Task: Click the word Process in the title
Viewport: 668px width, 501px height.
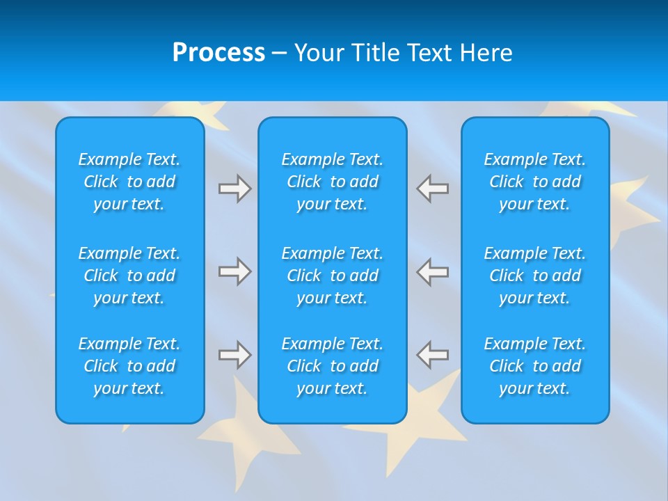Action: pyautogui.click(x=218, y=53)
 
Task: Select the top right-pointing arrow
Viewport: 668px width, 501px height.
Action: pyautogui.click(x=234, y=188)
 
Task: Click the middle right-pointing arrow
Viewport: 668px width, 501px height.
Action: pyautogui.click(x=234, y=271)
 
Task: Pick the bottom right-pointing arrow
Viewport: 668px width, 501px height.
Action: pyautogui.click(x=234, y=355)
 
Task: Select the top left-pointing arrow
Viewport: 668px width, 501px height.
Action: pyautogui.click(x=432, y=188)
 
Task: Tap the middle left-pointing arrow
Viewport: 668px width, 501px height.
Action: pyautogui.click(x=432, y=271)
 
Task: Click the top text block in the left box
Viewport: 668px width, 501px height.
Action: pyautogui.click(x=129, y=182)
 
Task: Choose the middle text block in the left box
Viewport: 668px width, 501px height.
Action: pyautogui.click(x=129, y=276)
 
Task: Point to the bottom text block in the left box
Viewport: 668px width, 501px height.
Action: pyautogui.click(x=129, y=366)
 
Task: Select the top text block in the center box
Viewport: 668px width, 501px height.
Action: pyautogui.click(x=332, y=182)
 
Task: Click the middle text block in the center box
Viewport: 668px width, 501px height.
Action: pyautogui.click(x=332, y=276)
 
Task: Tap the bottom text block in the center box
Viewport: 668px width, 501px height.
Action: pyautogui.click(x=332, y=366)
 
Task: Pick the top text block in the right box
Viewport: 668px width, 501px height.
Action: pyautogui.click(x=534, y=182)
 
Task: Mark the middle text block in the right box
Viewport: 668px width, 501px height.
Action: pyautogui.click(x=534, y=276)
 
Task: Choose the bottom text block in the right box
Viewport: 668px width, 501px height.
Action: pyautogui.click(x=534, y=366)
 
